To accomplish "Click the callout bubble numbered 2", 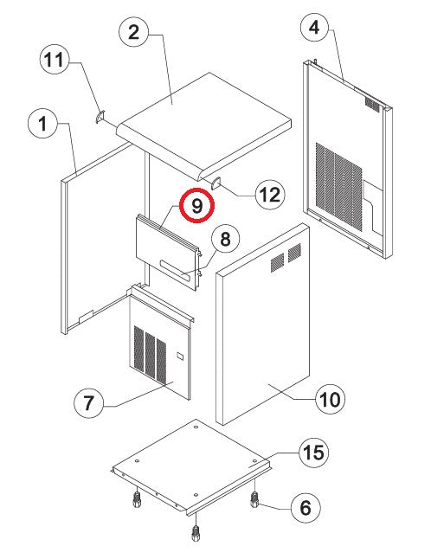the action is [x=133, y=32].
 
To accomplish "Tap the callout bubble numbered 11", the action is [x=55, y=60].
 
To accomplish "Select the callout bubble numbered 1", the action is [x=42, y=124].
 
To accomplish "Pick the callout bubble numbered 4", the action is [x=315, y=27].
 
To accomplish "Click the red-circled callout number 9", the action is [x=196, y=206].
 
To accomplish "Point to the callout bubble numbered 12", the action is [x=270, y=195].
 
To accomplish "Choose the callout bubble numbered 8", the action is [x=225, y=239].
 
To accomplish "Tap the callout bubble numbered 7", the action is [x=88, y=403].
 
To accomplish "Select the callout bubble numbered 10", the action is [x=330, y=399].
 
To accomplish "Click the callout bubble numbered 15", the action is [x=313, y=453].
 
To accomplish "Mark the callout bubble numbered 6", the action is [x=306, y=508].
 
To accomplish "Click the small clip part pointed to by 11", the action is [x=100, y=117].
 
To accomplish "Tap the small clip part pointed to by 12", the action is [x=216, y=183].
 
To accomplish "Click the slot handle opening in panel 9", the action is [x=177, y=269].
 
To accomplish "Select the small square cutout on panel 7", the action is [x=180, y=356].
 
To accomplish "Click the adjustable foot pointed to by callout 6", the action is [x=254, y=498].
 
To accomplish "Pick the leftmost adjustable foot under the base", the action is [x=137, y=499].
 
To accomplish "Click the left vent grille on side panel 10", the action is [x=277, y=262].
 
